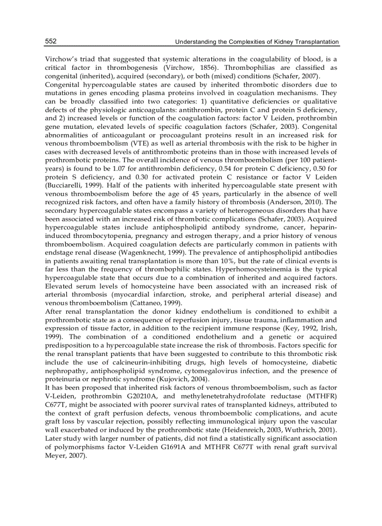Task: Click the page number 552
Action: click(x=51, y=41)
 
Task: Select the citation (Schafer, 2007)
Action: click(x=296, y=76)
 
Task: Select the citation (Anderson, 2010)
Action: click(x=292, y=202)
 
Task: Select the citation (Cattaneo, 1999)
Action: click(x=153, y=303)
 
